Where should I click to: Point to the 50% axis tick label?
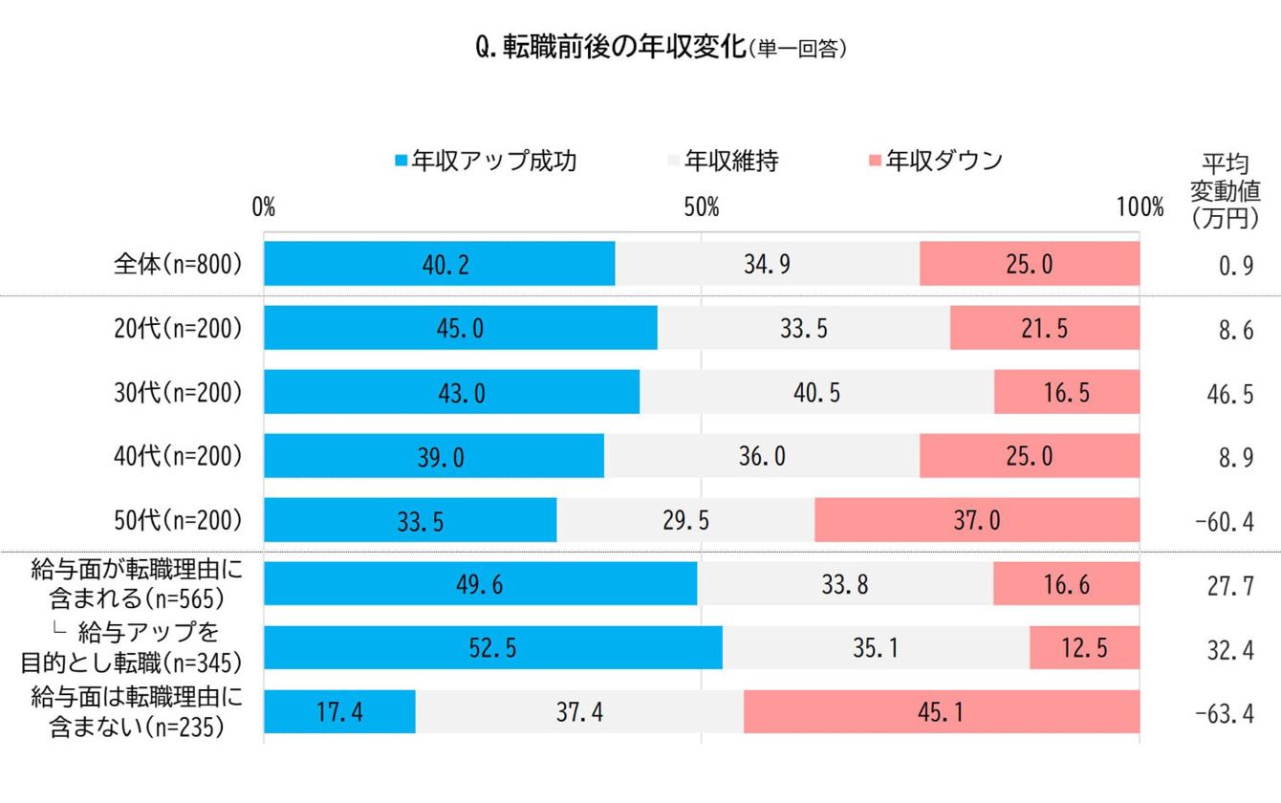coord(702,206)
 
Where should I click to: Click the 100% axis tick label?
coord(1140,206)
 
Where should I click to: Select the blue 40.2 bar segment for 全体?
coord(440,264)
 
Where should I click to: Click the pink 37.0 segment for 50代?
coord(977,520)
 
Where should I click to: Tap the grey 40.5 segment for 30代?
coord(816,392)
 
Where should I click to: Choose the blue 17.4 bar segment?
coord(339,712)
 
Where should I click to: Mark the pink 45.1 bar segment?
coord(942,712)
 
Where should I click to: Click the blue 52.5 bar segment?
coord(492,648)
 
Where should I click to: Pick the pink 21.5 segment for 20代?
coord(1044,328)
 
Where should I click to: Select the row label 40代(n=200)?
coord(178,457)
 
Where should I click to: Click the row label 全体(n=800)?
coord(178,265)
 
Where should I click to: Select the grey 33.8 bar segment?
coord(845,584)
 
